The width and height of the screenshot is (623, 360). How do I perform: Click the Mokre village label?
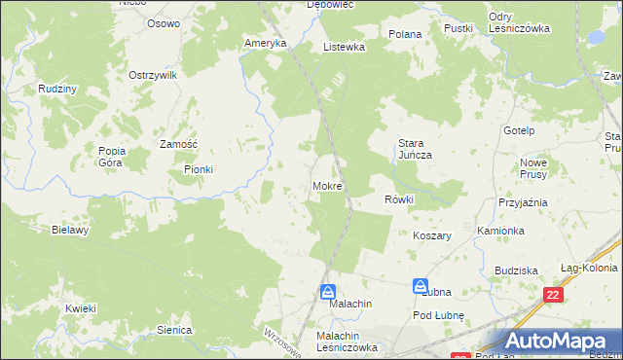[x=327, y=185]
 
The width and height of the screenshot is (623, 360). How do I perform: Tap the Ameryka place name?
[x=265, y=44]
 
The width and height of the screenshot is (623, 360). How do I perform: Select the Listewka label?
[x=344, y=46]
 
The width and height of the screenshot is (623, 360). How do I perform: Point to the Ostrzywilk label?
[x=151, y=75]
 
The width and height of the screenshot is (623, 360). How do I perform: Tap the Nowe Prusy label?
[x=535, y=168]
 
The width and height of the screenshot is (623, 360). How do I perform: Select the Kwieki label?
[x=81, y=309]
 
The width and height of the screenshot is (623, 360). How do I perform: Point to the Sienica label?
[x=173, y=330]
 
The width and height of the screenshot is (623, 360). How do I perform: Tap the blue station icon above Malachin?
[x=329, y=291]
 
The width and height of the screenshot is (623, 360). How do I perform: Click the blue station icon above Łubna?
[x=421, y=287]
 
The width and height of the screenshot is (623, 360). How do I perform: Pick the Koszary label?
[x=434, y=236]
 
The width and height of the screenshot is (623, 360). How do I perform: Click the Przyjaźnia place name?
[x=523, y=202]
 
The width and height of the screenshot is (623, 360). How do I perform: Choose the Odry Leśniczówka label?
[x=519, y=22]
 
